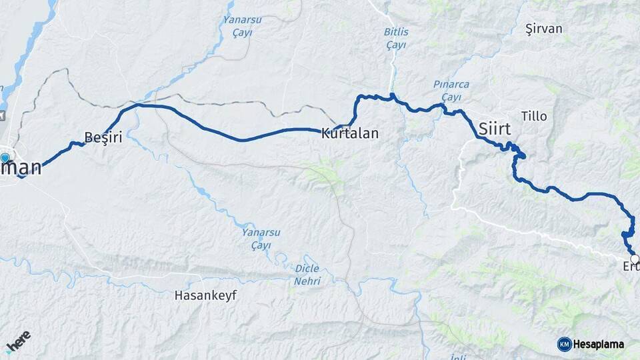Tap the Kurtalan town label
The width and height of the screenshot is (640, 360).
pos(349,133)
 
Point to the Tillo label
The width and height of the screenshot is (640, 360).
pos(533,116)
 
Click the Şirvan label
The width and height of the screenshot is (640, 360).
pos(543,29)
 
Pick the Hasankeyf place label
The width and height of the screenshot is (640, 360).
pos(205,294)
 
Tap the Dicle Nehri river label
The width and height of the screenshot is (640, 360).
pos(307,275)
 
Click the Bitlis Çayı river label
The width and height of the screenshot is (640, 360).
pos(397,38)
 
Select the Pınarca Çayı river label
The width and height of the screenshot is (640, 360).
pos(451,91)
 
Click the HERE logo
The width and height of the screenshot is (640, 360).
pos(18,341)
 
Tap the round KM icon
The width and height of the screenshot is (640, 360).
pos(564,344)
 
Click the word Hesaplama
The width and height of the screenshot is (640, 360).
pos(599,344)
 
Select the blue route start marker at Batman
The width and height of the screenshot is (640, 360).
pos(5,159)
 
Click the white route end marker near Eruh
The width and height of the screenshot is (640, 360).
pos(635,259)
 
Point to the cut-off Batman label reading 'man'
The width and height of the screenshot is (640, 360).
pos(22,169)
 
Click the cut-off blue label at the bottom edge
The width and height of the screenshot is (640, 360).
pos(458,357)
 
